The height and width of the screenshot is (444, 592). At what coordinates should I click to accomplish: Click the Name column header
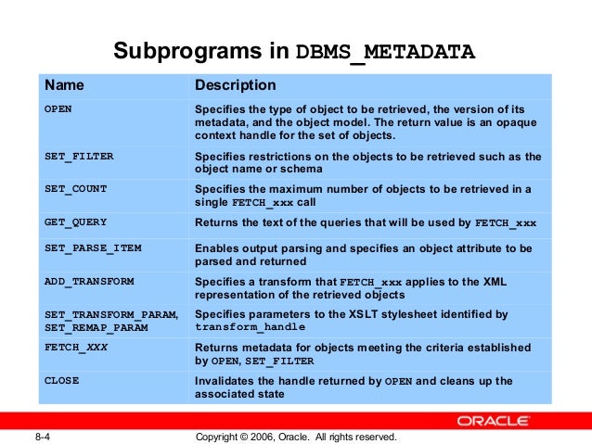click(x=65, y=86)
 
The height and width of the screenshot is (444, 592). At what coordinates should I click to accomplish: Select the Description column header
click(x=235, y=86)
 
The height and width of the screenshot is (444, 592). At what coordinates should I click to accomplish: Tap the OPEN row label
click(x=58, y=109)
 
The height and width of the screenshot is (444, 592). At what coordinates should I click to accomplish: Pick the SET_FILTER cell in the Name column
click(x=79, y=157)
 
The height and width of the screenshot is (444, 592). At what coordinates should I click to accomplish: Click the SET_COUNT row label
click(x=76, y=189)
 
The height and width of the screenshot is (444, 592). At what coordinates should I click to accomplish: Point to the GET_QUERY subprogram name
click(x=76, y=222)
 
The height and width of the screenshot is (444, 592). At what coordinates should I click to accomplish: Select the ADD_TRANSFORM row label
click(x=89, y=281)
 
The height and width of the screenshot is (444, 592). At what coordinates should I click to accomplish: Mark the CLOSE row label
click(x=62, y=381)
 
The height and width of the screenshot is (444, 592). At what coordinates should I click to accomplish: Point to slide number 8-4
click(x=42, y=436)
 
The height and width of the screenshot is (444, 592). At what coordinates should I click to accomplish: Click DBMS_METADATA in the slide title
click(x=385, y=51)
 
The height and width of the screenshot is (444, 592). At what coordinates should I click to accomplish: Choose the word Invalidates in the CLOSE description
click(x=225, y=381)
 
